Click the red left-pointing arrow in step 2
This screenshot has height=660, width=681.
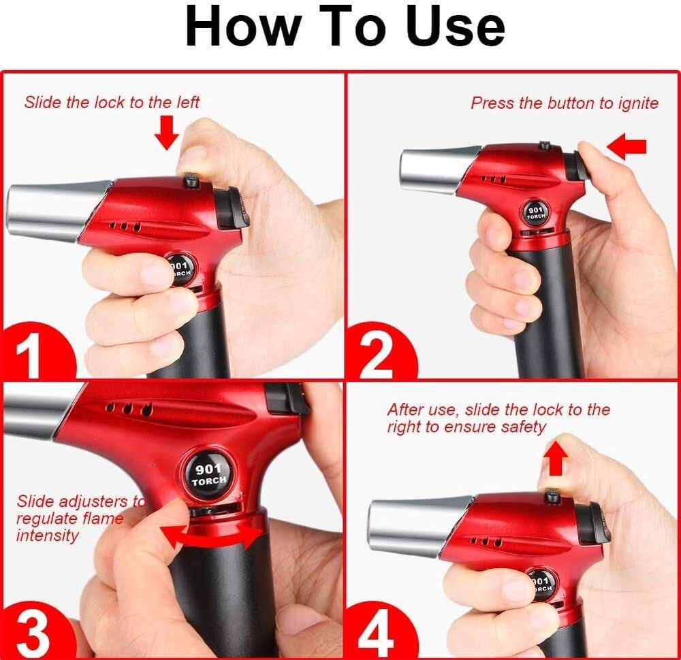coord(626,146)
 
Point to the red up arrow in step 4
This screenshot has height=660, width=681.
coord(556,459)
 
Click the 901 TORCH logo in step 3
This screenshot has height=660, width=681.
coord(209,474)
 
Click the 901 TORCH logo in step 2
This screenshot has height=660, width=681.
coord(536,213)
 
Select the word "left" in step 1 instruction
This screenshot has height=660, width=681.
coord(186,102)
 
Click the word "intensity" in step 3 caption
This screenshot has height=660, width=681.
coord(48,535)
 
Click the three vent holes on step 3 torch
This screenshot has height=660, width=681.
coord(127,409)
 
